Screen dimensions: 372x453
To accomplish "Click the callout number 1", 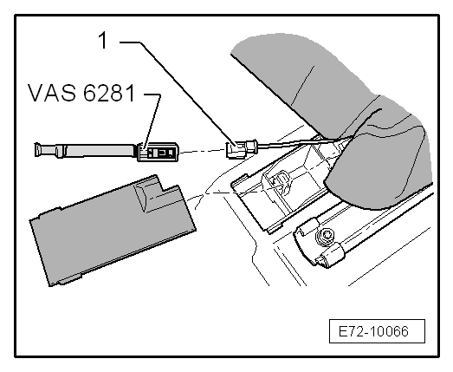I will (x=103, y=41).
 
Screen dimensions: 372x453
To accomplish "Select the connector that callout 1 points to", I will (x=236, y=151).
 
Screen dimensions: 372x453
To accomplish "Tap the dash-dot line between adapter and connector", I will (x=204, y=152).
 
